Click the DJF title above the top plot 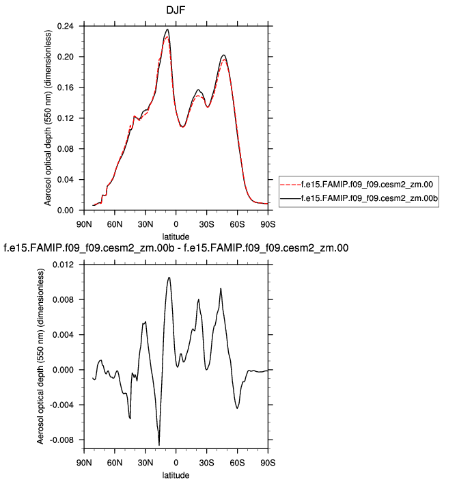[176, 12]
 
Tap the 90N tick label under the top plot [83, 224]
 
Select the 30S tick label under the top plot [206, 224]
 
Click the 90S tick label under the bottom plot [268, 461]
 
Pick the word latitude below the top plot [176, 236]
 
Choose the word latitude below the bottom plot [176, 474]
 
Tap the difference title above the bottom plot [177, 248]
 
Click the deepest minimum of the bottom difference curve [159, 445]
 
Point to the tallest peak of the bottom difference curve [169, 277]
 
